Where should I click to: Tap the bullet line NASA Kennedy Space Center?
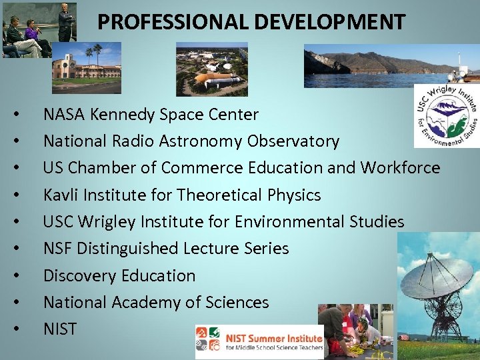(x=151, y=115)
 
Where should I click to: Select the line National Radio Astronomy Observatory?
(x=191, y=141)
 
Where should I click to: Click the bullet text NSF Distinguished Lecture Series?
(x=166, y=249)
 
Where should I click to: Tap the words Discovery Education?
(x=119, y=275)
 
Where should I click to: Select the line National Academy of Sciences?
(x=156, y=302)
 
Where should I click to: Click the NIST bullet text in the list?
(x=60, y=329)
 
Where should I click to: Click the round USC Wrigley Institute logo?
(x=445, y=115)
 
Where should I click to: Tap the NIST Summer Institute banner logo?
(x=259, y=341)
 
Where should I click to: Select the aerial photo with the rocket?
(x=211, y=69)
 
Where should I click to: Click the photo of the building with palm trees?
(x=87, y=67)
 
